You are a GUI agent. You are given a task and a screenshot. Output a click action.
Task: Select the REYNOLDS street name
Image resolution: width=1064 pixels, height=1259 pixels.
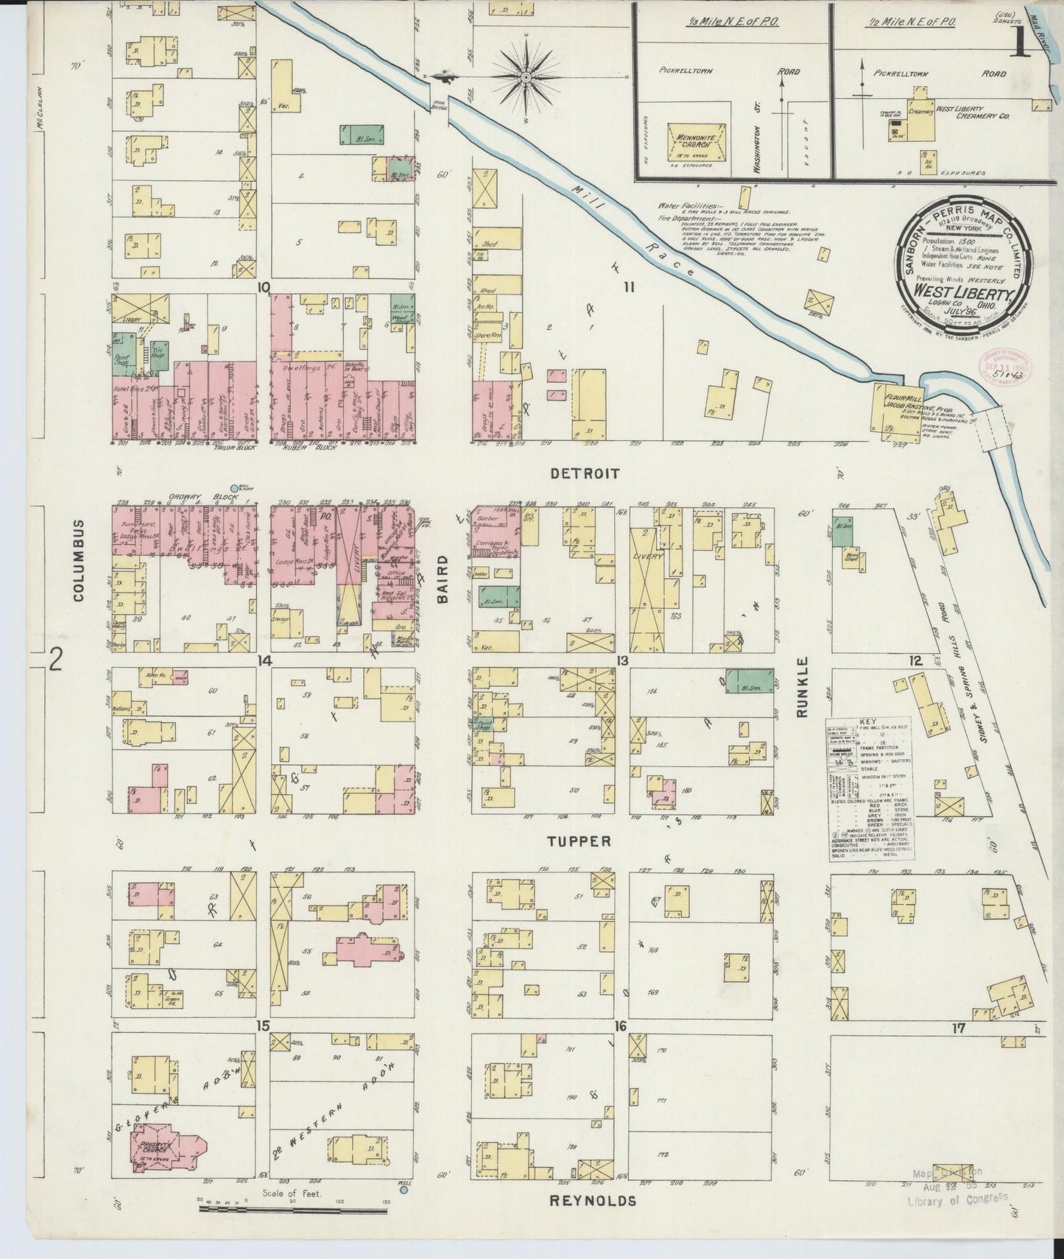click(x=593, y=1202)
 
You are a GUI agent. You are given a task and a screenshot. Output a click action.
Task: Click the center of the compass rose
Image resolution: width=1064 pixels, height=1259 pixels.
click(x=528, y=77)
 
